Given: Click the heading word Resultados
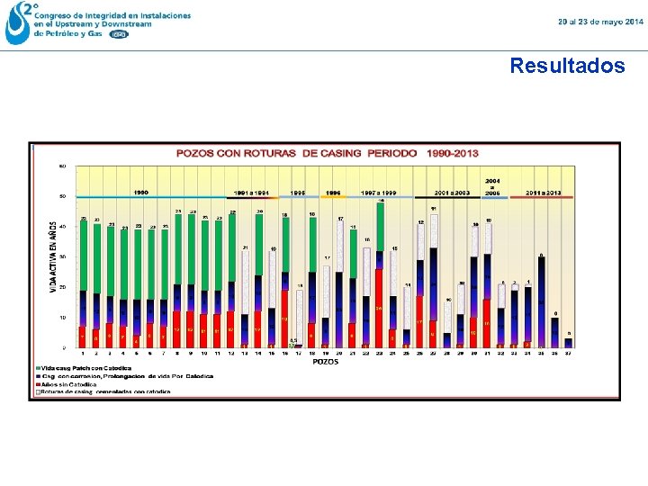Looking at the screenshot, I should coord(567,66).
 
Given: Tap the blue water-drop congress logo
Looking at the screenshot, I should coord(17,23).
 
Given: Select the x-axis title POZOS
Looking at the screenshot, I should coord(325,362).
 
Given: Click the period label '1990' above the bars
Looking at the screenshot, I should coord(142,192).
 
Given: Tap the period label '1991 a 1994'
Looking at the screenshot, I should coord(251,192).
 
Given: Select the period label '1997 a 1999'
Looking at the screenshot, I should coord(379,192).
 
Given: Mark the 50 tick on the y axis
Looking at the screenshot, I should coord(61,196).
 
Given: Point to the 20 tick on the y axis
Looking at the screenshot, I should coord(61,287).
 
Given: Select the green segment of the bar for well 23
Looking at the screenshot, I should coord(380,227).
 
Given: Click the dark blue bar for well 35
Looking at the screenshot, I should coord(541,301).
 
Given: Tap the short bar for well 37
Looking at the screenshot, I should coord(568,342).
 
